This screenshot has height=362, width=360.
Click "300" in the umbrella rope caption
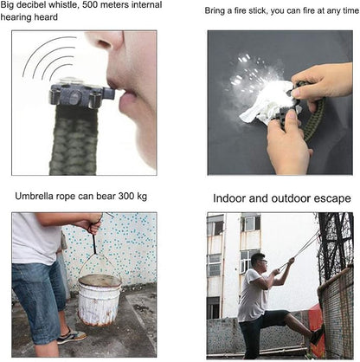pyautogui.click(x=126, y=197)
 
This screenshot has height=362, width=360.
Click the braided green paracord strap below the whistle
pyautogui.click(x=74, y=140)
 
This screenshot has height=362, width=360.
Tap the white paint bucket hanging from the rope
pyautogui.click(x=100, y=299)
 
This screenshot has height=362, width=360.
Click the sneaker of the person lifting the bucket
pyautogui.click(x=71, y=336)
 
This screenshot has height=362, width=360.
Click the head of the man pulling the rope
pyautogui.click(x=258, y=262)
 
